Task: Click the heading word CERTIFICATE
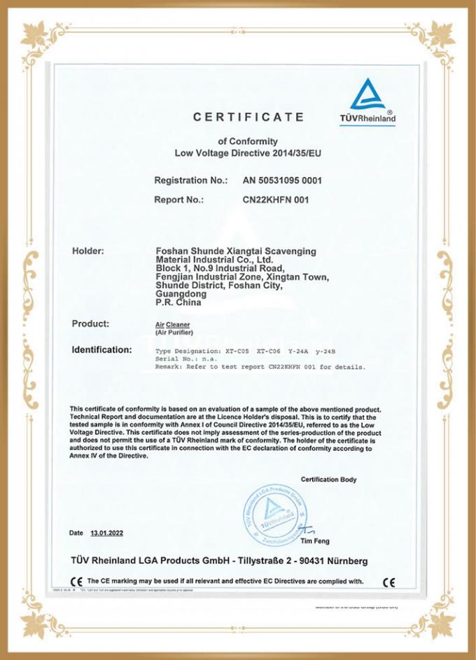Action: [248, 117]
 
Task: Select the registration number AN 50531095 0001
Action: [282, 181]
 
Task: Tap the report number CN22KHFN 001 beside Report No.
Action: [275, 199]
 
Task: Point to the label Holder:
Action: [88, 251]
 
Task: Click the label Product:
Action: [90, 323]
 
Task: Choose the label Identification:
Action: [101, 349]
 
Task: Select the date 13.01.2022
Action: [106, 533]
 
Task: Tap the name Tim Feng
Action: [314, 541]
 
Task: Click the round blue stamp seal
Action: [274, 517]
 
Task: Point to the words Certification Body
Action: [328, 479]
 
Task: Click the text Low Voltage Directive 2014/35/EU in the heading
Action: [248, 153]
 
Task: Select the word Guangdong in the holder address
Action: [178, 295]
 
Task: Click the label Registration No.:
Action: [190, 181]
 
